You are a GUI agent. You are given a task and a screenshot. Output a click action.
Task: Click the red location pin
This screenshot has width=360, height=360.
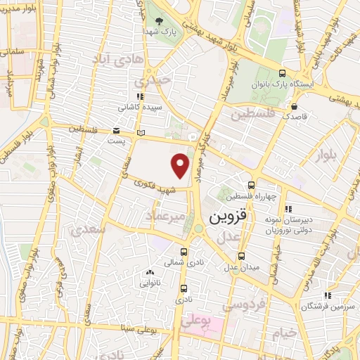pyautogui.click(x=181, y=165)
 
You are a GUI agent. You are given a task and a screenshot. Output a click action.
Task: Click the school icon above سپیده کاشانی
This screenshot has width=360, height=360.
pyautogui.click(x=139, y=96)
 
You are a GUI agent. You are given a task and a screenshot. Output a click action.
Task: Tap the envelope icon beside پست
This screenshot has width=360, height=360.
pyautogui.click(x=116, y=131)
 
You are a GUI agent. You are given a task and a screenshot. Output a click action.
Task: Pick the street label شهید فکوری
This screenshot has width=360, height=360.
pyautogui.click(x=156, y=184)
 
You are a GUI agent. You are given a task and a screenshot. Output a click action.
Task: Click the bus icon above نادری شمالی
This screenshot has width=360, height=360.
pyautogui.click(x=184, y=252)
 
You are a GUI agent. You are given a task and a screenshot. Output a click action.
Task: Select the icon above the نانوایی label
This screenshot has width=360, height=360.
pyautogui.click(x=148, y=273)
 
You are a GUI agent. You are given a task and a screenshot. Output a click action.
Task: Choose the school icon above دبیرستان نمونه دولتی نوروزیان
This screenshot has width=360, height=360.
pyautogui.click(x=288, y=208)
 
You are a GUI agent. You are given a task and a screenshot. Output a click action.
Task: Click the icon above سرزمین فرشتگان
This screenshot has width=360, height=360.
pyautogui.click(x=327, y=296)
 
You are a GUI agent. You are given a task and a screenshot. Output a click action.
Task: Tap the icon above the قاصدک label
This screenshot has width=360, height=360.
pyautogui.click(x=294, y=106)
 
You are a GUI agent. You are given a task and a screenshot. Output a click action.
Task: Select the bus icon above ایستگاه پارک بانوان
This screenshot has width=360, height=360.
pyautogui.click(x=282, y=72)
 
